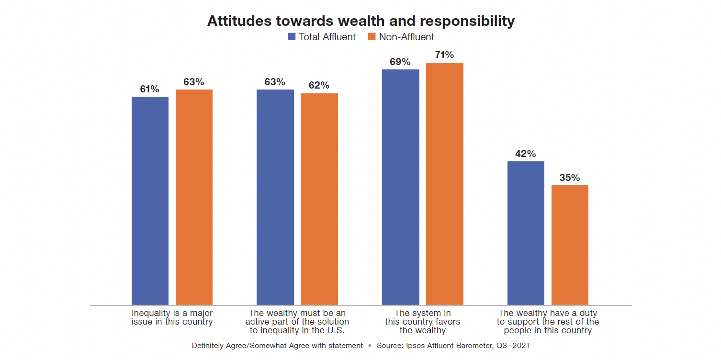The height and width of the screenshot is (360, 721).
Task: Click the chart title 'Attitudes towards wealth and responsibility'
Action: pyautogui.click(x=360, y=21)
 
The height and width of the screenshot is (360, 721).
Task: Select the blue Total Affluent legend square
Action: pyautogui.click(x=292, y=37)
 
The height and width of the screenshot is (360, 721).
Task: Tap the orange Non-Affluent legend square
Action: pyautogui.click(x=372, y=37)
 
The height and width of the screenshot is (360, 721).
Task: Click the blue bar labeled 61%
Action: pyautogui.click(x=150, y=201)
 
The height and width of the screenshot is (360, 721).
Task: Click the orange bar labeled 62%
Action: pyautogui.click(x=319, y=199)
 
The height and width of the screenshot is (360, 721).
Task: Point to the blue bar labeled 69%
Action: pyautogui.click(x=400, y=187)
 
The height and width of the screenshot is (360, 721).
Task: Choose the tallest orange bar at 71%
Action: pyautogui.click(x=444, y=184)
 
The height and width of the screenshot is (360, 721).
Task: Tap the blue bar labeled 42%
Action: pyautogui.click(x=526, y=233)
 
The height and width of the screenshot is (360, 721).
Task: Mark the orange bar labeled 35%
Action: pyautogui.click(x=570, y=245)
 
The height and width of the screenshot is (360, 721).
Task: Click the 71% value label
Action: pyautogui.click(x=444, y=55)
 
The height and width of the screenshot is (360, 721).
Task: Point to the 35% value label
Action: pyautogui.click(x=570, y=178)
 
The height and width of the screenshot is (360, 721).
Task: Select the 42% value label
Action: pyautogui.click(x=526, y=154)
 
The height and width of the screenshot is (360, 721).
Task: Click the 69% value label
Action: pyautogui.click(x=400, y=62)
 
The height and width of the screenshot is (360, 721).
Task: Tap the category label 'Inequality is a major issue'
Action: pyautogui.click(x=172, y=317)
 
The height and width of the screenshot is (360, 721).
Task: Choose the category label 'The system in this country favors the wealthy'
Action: pyautogui.click(x=423, y=322)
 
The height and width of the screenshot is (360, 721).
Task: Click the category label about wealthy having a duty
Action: pyautogui.click(x=548, y=322)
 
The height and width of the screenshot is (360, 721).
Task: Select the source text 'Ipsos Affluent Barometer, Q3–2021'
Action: pyautogui.click(x=453, y=346)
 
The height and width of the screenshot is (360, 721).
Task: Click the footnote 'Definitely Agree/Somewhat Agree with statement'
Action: pyautogui.click(x=277, y=346)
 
